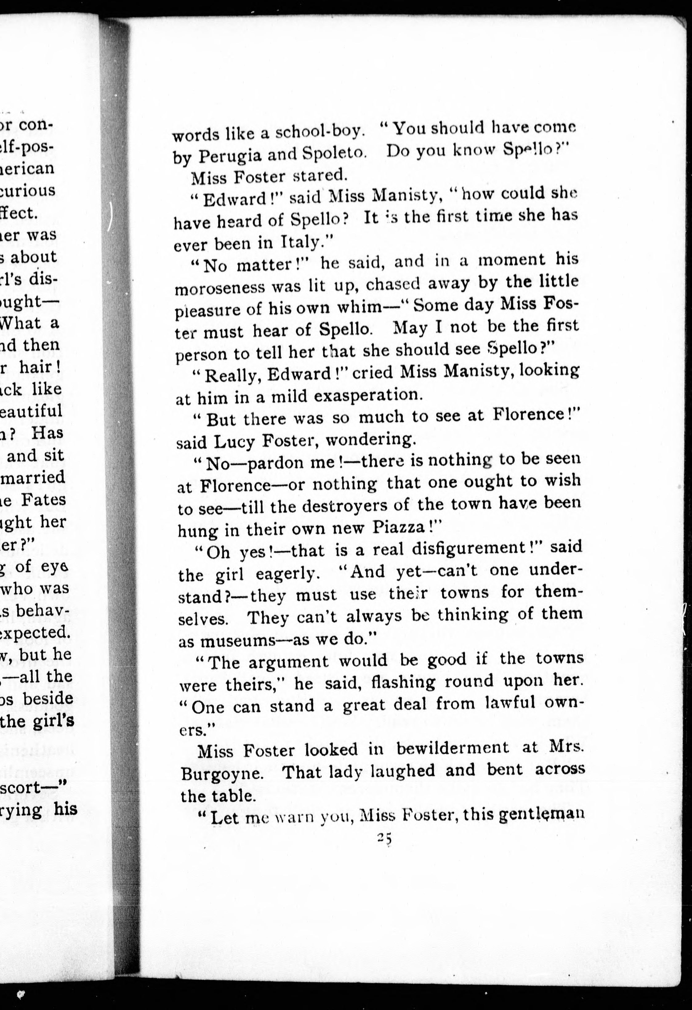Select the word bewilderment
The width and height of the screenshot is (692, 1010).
452,749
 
